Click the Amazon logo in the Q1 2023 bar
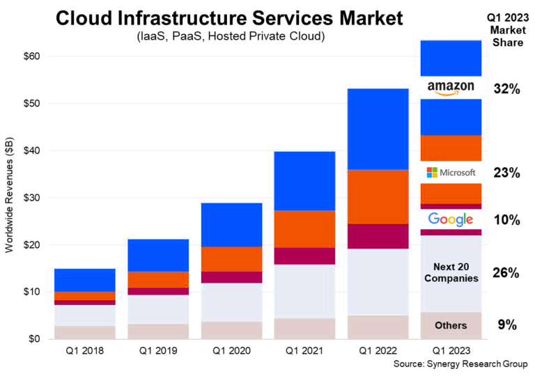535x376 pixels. (451, 87)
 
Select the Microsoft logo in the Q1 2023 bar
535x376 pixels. (451, 172)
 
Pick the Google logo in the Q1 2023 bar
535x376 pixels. (451, 219)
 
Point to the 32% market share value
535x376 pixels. (506, 88)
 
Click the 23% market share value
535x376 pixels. (506, 173)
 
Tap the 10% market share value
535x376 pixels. (506, 220)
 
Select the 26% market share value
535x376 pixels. (506, 273)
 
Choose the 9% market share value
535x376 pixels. (506, 324)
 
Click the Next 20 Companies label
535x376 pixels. (451, 272)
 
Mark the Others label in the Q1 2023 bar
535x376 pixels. (451, 325)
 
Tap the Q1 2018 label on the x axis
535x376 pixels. (85, 350)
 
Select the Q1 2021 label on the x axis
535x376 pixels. (304, 350)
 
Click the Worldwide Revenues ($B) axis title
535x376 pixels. (9, 198)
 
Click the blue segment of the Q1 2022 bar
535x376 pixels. (378, 129)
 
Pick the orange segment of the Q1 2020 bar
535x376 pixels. (231, 259)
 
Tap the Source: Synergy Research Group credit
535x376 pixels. (460, 364)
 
